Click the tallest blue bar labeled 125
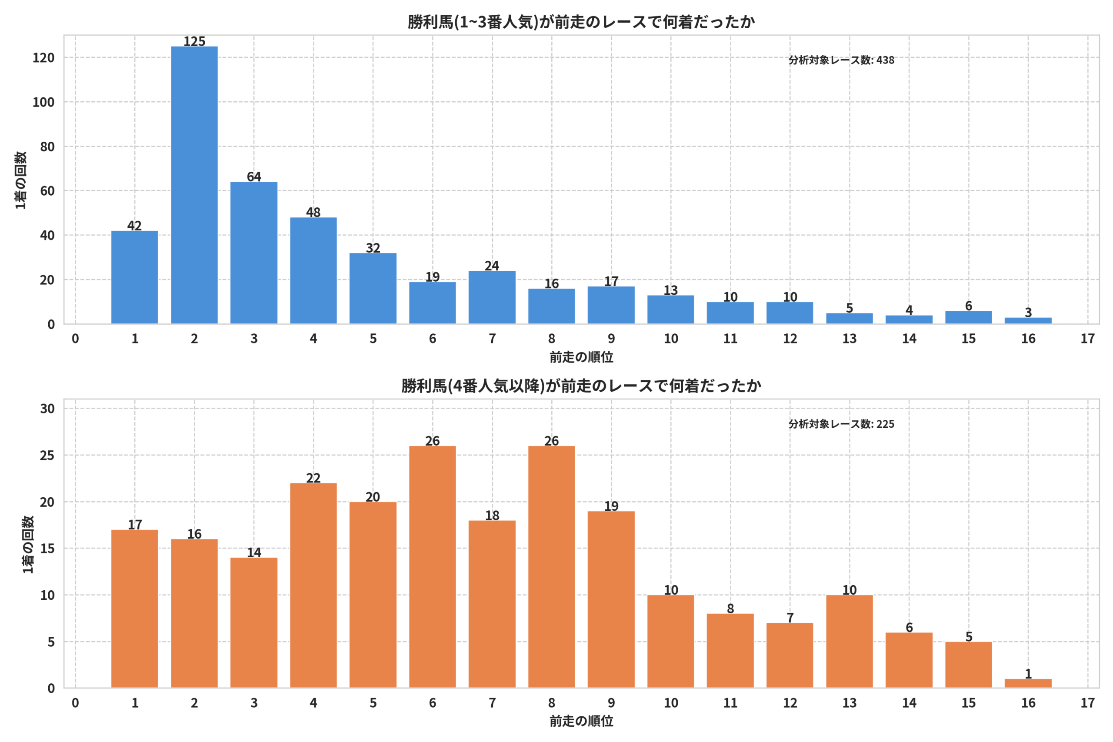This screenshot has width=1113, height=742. (x=194, y=185)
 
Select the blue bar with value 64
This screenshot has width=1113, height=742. (x=253, y=253)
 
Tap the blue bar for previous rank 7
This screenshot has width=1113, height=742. (x=492, y=297)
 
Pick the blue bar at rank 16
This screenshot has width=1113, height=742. (x=1028, y=321)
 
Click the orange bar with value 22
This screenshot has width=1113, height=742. (x=313, y=586)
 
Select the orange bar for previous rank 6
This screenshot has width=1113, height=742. (x=433, y=567)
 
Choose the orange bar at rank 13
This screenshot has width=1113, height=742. (x=850, y=642)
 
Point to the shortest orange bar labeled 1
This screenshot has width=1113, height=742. (x=1028, y=683)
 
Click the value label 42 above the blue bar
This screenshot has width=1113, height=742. (x=134, y=225)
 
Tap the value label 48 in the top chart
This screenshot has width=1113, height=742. (x=313, y=212)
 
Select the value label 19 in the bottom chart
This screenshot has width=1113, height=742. (x=611, y=506)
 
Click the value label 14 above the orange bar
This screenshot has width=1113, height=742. (x=253, y=552)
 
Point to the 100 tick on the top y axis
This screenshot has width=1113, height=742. (x=43, y=102)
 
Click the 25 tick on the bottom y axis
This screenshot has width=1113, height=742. (x=47, y=455)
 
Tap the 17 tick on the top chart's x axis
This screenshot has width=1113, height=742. (x=1087, y=339)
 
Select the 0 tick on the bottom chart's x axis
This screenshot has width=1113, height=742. (x=75, y=703)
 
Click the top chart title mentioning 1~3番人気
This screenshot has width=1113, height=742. (x=581, y=22)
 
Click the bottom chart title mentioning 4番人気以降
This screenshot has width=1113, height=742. (x=581, y=386)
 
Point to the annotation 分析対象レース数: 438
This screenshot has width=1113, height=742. (x=841, y=60)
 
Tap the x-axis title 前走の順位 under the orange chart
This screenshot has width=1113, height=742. (x=581, y=721)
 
